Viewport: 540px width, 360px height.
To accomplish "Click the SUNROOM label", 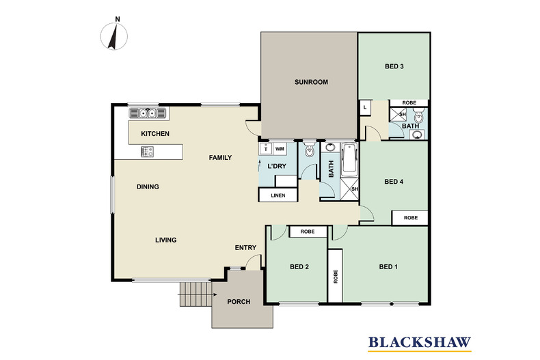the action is (x=311, y=82).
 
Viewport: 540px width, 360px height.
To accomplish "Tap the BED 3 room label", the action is (x=394, y=66).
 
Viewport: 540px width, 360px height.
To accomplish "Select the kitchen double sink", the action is (x=148, y=113).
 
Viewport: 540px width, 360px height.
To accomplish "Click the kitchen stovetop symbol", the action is (x=148, y=152).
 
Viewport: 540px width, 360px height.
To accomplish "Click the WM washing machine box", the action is (x=280, y=149).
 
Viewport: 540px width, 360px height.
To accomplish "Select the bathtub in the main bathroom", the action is (x=349, y=160).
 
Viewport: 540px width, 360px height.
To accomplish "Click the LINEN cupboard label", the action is (x=278, y=195).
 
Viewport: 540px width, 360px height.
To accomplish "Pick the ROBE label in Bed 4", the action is (x=411, y=217).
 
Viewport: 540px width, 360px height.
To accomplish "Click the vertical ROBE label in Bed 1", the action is (x=336, y=277).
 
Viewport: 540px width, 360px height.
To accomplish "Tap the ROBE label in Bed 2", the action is (x=307, y=232).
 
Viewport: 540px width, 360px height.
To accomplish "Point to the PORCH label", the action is (x=239, y=302).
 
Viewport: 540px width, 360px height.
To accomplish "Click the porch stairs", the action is (x=195, y=294).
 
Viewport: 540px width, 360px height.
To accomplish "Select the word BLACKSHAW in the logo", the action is (x=420, y=342).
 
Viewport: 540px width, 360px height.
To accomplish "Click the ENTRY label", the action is (x=245, y=247).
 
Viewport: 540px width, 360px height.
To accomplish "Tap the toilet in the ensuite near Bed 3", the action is (x=418, y=115).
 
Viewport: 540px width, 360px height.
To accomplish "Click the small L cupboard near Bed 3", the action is (x=365, y=108).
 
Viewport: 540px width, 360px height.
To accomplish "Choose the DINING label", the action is (x=148, y=187).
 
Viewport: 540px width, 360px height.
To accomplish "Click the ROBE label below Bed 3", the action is (x=409, y=102).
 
